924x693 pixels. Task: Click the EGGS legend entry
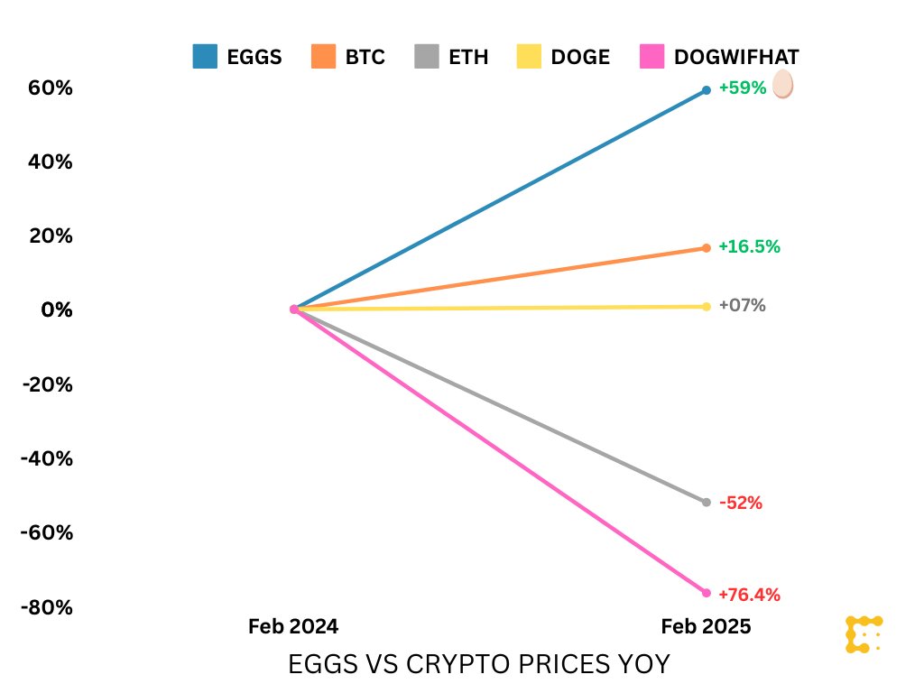coord(237,57)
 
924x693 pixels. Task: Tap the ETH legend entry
coord(451,57)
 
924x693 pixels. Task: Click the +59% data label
coord(743,88)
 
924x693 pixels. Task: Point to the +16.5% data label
coord(749,246)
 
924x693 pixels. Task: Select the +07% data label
coord(743,306)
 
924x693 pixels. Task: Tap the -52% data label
coord(741,504)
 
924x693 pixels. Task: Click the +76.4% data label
coord(749,595)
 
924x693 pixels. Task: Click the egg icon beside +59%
coord(782,85)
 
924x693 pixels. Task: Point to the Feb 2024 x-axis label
coord(293,626)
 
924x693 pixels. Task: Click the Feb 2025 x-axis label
coord(706,626)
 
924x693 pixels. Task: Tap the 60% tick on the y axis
coord(51,88)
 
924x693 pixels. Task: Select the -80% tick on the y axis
coord(47,606)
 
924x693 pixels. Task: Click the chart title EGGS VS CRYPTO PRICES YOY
coord(479,665)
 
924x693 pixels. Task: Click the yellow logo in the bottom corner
coord(863,634)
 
